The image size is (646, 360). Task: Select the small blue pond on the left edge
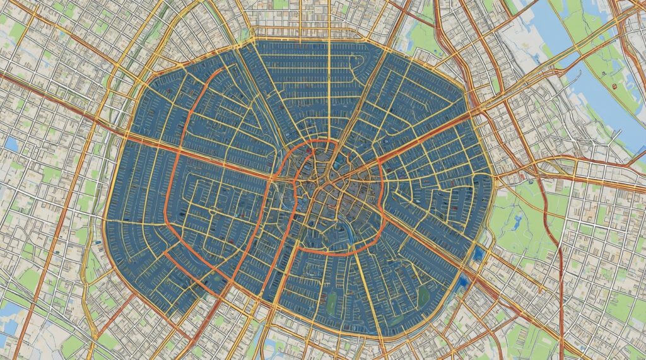tap(11, 144)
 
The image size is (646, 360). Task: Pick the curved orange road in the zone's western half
tap(168, 189)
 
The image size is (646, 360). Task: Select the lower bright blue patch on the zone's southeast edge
tap(465, 281)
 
